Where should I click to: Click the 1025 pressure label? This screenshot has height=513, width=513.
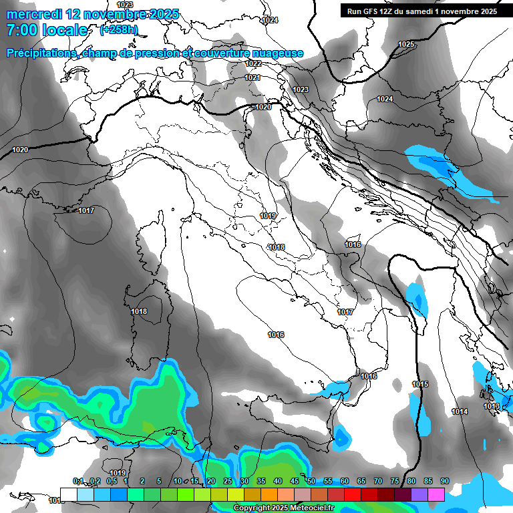405,45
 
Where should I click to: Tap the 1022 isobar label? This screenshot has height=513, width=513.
253,63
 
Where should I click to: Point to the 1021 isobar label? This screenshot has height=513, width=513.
252,78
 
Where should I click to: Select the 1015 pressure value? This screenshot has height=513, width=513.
420,384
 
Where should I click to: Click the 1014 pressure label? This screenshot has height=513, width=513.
460,411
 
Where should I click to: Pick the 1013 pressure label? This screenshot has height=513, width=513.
492,406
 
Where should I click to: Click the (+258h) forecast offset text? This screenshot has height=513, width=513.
119,30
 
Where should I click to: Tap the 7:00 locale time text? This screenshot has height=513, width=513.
47,30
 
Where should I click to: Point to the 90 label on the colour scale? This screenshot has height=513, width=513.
444,482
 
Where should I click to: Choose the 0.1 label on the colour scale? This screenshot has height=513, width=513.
78,482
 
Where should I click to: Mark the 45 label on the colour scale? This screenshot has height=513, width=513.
295,482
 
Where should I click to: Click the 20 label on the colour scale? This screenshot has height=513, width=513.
211,482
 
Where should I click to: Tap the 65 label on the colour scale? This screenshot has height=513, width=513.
361,482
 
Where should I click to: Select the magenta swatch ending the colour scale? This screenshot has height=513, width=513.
436,494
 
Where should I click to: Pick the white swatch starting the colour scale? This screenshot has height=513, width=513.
68,494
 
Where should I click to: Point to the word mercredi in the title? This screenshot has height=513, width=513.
34,13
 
